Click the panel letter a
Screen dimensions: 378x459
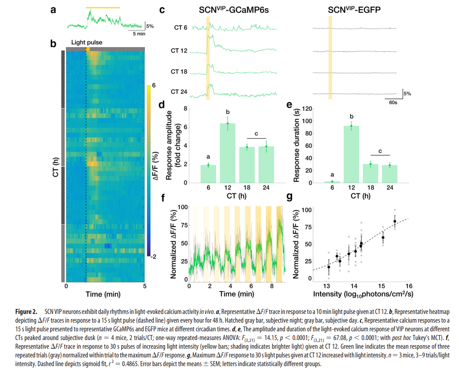pyautogui.click(x=53, y=9)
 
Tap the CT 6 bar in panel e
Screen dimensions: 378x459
pyautogui.click(x=335, y=182)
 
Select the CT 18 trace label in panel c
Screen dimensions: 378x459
pyautogui.click(x=179, y=72)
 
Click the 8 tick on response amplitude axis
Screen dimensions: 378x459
pyautogui.click(x=186, y=109)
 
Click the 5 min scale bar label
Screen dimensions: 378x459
pyautogui.click(x=139, y=34)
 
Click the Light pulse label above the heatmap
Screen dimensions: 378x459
pyautogui.click(x=86, y=43)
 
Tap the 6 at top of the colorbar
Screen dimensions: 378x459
pyautogui.click(x=154, y=85)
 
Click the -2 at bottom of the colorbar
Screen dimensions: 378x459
pyautogui.click(x=154, y=257)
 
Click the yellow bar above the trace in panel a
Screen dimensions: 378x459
pyautogui.click(x=103, y=7)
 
